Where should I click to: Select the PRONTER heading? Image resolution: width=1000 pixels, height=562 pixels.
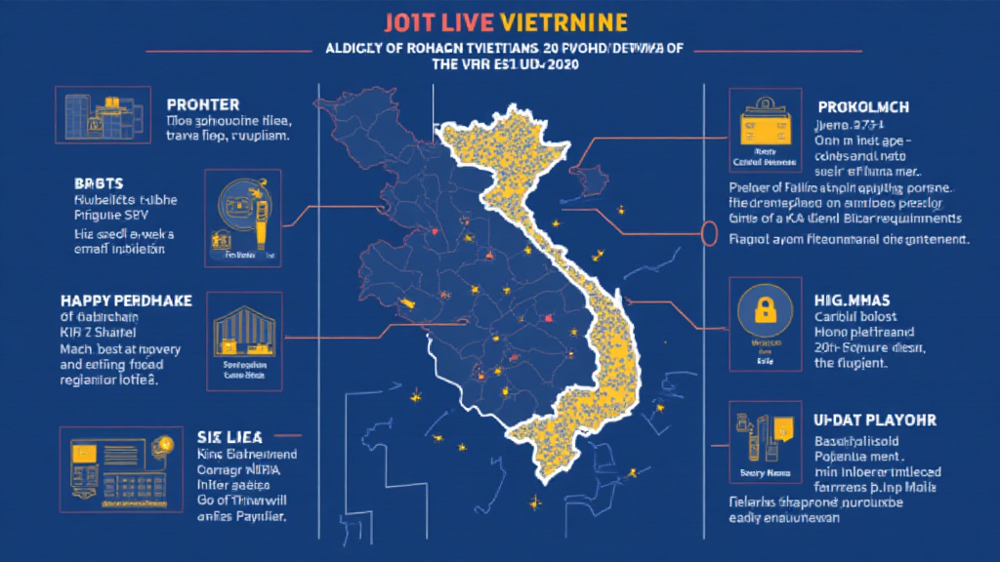pyautogui.click(x=203, y=103)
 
